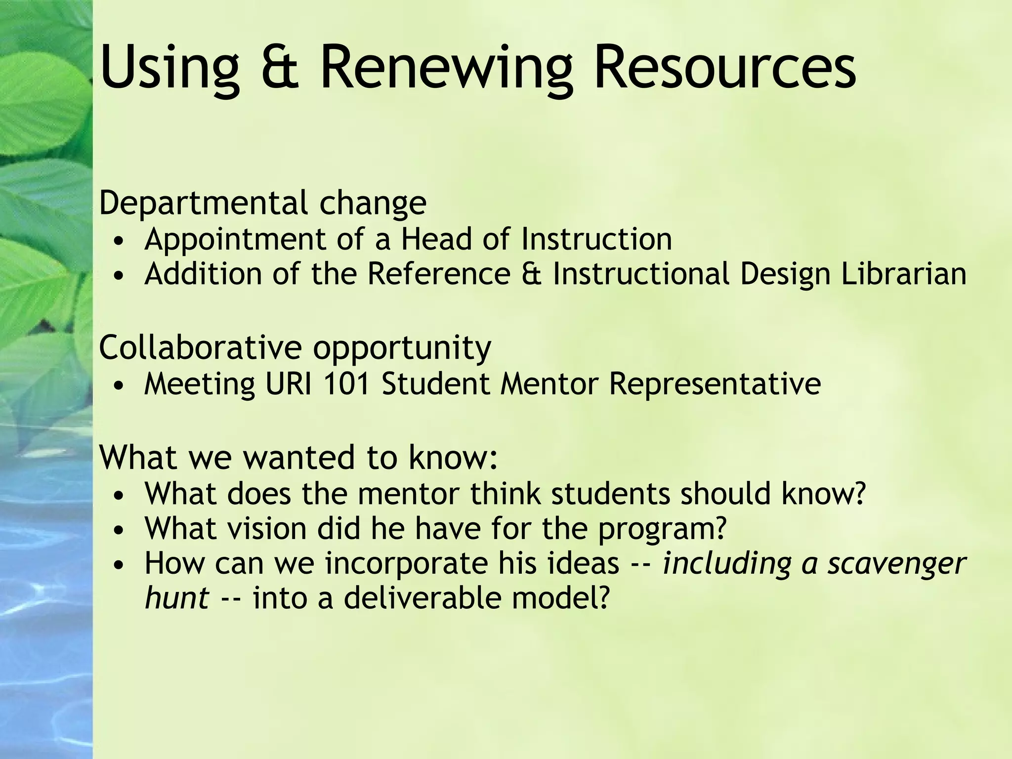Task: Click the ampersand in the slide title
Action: coord(280,67)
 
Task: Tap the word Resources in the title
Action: coord(724,67)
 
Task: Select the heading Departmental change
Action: coord(262,203)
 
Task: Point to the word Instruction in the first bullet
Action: coord(596,239)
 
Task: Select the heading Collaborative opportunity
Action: coord(295,348)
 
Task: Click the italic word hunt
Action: coord(176,598)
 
